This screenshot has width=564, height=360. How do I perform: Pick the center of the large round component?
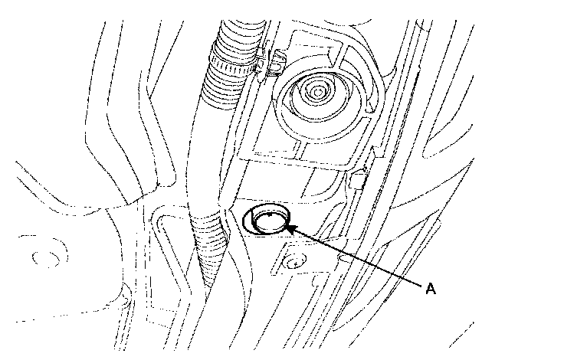pyautogui.click(x=315, y=94)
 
